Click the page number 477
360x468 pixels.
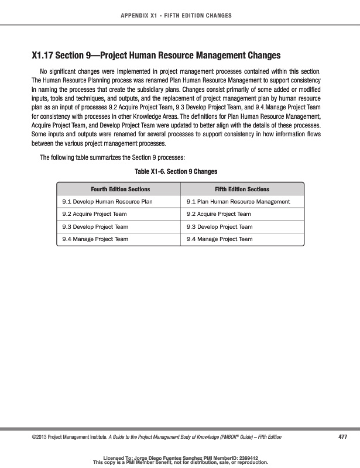pos(343,437)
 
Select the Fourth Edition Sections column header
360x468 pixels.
pos(120,189)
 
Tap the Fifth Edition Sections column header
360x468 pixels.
pos(242,189)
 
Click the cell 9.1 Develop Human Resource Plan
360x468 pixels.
pos(107,202)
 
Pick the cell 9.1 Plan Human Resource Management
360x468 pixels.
pos(238,202)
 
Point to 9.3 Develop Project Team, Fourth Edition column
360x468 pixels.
pos(95,226)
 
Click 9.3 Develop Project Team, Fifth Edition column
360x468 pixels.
pos(220,226)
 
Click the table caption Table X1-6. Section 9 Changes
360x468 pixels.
pos(176,171)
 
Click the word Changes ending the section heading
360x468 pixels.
pos(260,56)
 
